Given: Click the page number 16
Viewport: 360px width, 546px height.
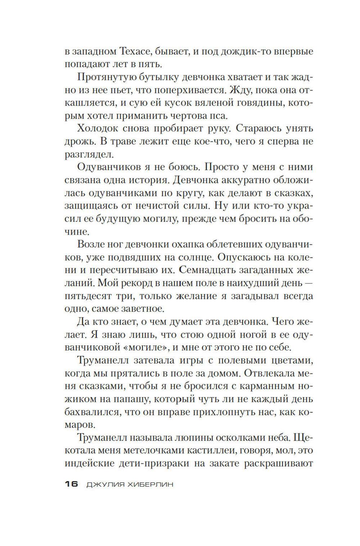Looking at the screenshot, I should pos(71,484).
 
